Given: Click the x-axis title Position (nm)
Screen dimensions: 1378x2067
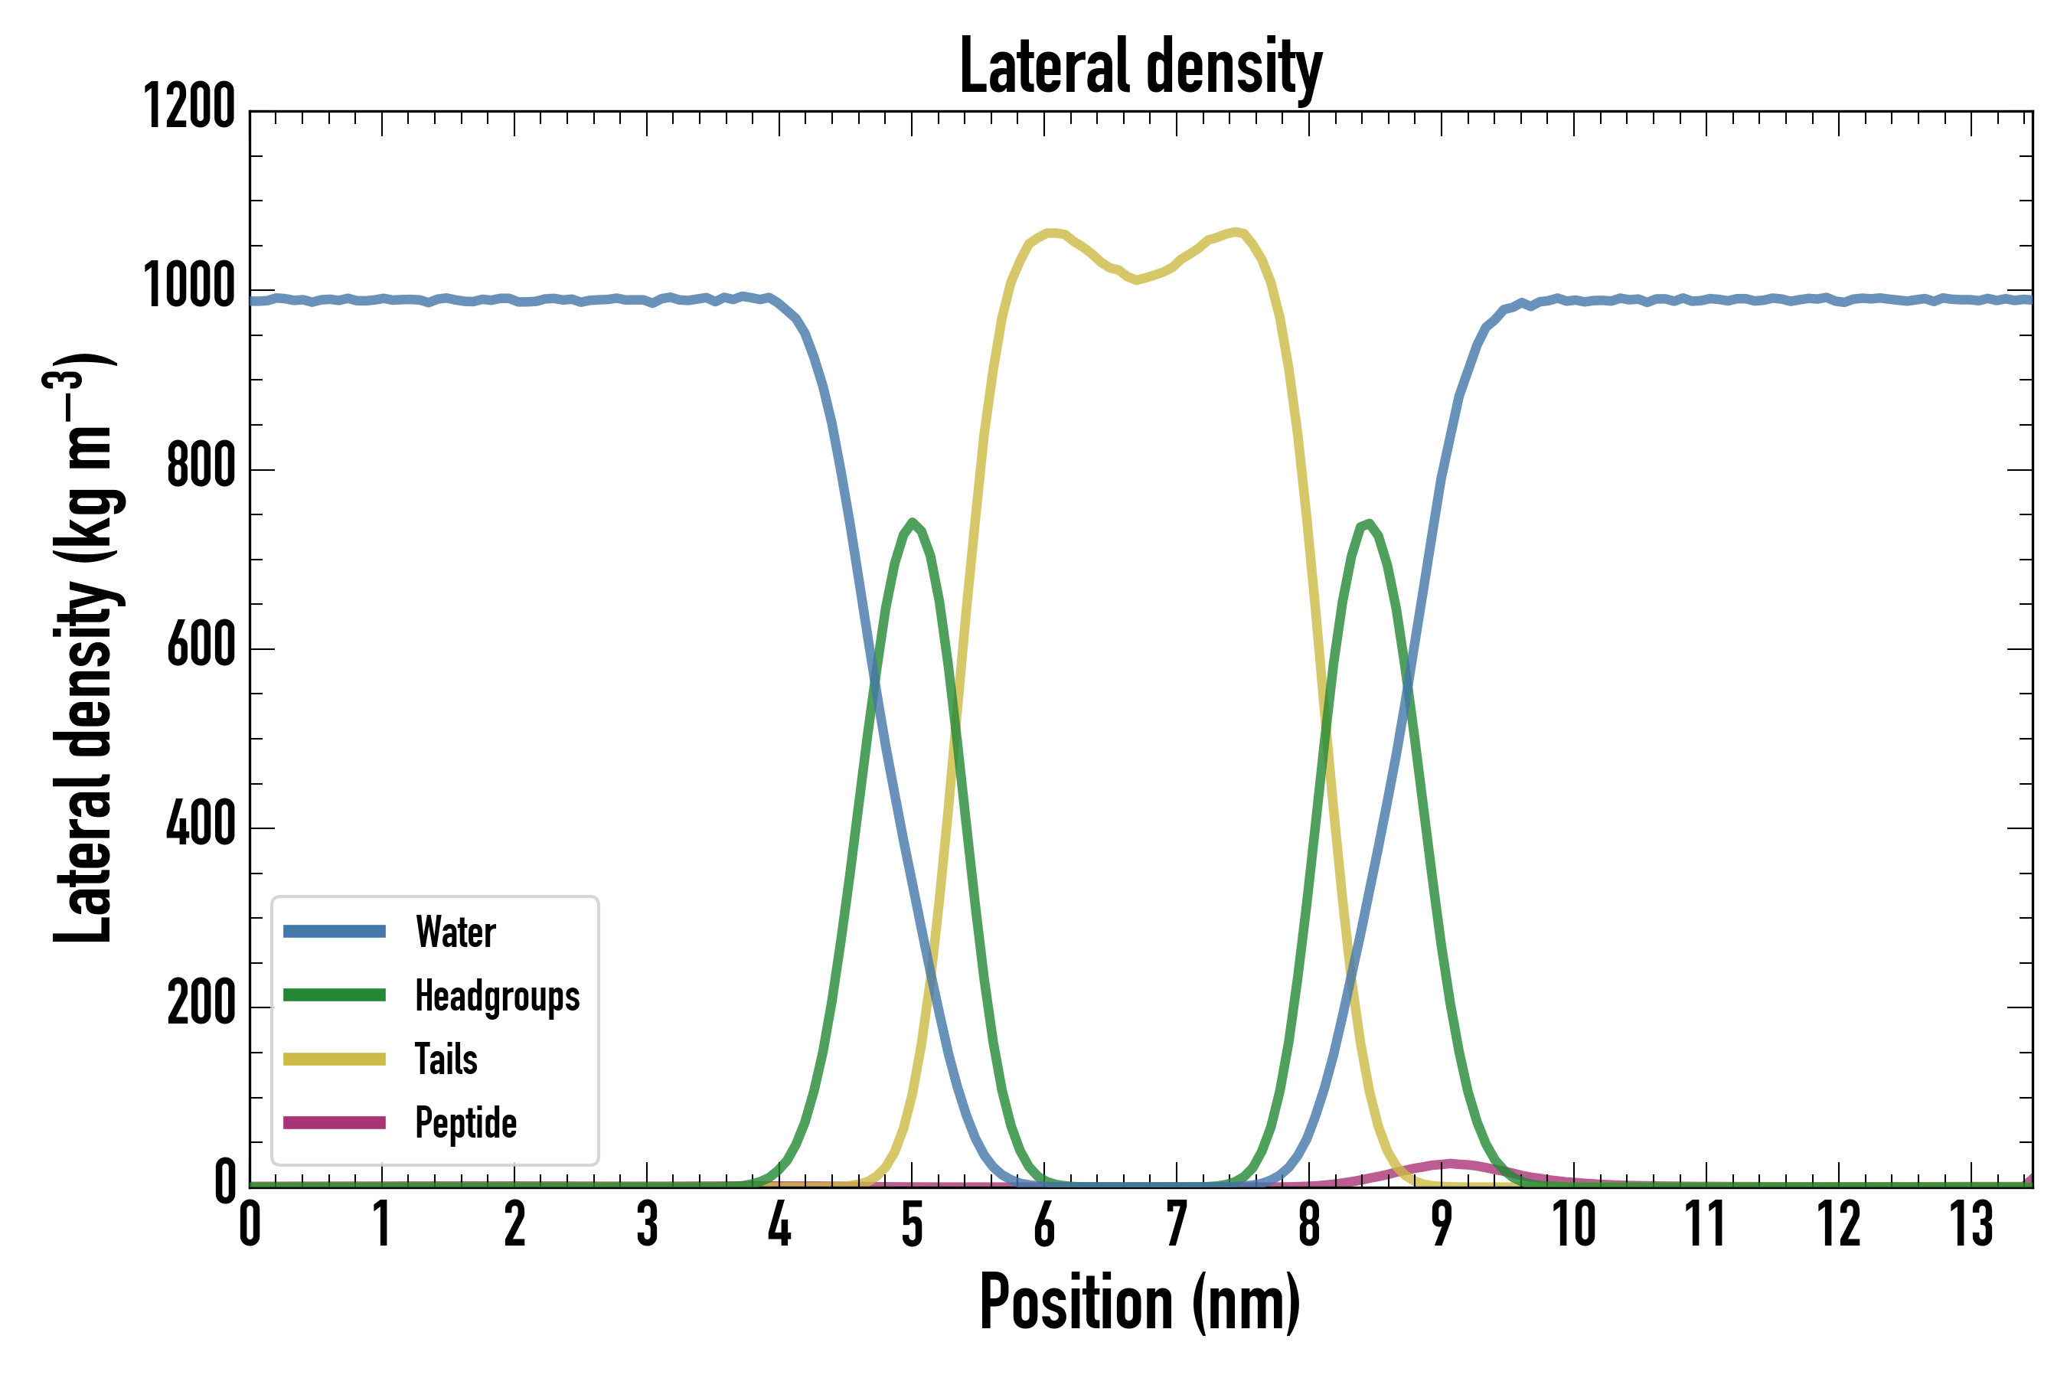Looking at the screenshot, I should coord(1140,1303).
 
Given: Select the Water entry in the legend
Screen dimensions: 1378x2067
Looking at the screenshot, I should coord(456,932).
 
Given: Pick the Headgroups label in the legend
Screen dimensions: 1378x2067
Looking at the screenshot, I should coord(497,996).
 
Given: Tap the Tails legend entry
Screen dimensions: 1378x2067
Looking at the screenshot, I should coord(446,1059).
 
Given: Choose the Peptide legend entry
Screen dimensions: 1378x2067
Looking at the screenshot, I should coord(465,1123).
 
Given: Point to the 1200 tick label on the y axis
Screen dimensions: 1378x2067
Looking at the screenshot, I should coord(189,107).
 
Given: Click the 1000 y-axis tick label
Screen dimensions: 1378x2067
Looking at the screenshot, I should coord(189,286).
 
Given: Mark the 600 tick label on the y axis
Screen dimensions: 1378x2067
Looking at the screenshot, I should coord(201,645).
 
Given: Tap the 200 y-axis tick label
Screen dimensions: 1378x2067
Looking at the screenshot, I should coord(201,1004).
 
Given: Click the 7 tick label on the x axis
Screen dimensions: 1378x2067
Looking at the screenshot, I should coord(1177,1224).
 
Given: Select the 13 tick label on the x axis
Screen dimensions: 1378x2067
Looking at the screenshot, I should coord(1971,1224).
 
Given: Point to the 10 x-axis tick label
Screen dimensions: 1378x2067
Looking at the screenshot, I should coord(1573,1224).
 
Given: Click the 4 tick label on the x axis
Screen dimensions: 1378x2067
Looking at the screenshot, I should coord(779,1224).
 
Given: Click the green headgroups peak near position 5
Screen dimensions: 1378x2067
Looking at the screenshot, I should coord(913,523).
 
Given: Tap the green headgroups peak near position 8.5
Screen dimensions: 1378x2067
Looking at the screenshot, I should coord(1367,524).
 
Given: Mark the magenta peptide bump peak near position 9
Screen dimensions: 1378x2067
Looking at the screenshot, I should coord(1448,1164).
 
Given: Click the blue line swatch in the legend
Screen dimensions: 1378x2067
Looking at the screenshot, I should coord(334,932).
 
